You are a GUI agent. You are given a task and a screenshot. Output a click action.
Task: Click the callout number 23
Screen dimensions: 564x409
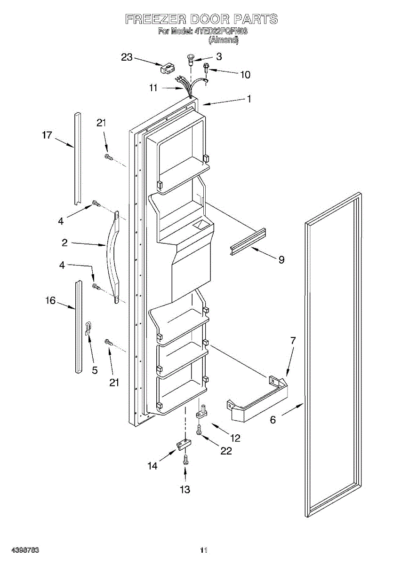pyautogui.click(x=127, y=57)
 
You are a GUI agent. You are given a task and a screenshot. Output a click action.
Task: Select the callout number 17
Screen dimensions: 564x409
pyautogui.click(x=47, y=135)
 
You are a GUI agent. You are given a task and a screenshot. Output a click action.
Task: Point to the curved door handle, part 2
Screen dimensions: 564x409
pyautogui.click(x=113, y=256)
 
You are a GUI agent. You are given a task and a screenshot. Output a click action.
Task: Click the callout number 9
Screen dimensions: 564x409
pyautogui.click(x=281, y=259)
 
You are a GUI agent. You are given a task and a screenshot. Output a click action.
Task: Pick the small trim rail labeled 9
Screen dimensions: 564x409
pyautogui.click(x=248, y=242)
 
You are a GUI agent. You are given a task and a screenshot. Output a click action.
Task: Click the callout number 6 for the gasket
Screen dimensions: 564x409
pyautogui.click(x=273, y=420)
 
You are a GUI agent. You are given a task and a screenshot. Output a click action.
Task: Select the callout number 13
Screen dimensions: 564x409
pyautogui.click(x=185, y=490)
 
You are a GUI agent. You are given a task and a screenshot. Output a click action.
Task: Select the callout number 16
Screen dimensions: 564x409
pyautogui.click(x=50, y=300)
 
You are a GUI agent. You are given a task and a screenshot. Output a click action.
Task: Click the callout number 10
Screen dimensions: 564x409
pyautogui.click(x=245, y=74)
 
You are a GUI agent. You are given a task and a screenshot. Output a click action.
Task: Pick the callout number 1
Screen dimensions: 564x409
pyautogui.click(x=249, y=99)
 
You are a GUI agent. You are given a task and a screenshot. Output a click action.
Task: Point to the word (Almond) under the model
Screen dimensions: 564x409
pyautogui.click(x=224, y=40)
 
